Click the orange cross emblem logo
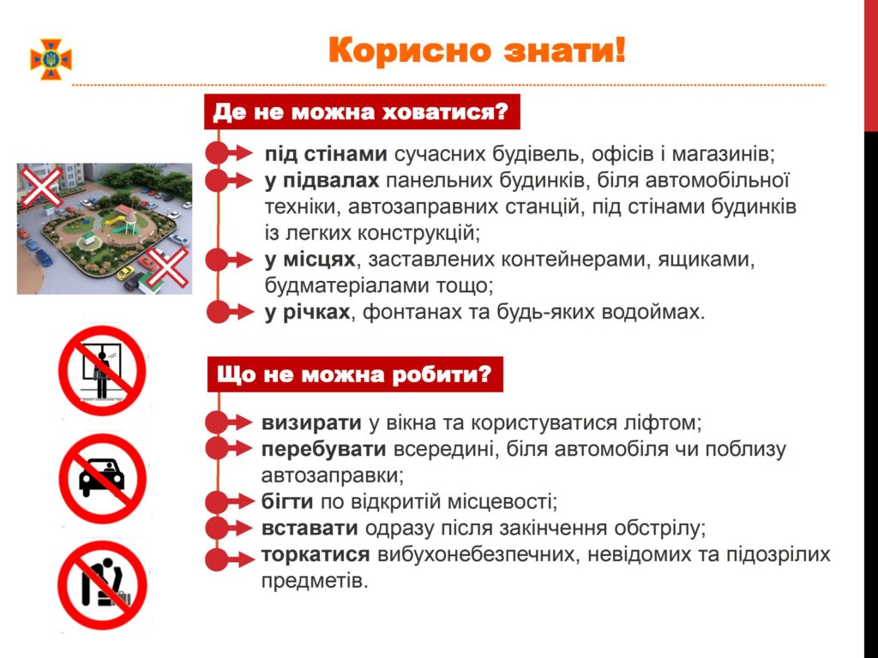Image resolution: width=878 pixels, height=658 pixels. tap(51, 59)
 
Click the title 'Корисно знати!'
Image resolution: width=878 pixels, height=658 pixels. tap(477, 51)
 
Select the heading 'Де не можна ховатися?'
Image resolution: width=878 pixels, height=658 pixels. tap(362, 112)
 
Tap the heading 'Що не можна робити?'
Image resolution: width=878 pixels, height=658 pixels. tap(355, 374)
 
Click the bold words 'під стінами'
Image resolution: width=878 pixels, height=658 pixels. tap(326, 154)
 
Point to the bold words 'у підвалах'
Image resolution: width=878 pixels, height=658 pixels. tap(322, 181)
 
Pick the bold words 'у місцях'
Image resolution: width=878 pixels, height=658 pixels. tap(310, 260)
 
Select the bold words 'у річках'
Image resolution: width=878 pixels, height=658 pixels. tap(308, 312)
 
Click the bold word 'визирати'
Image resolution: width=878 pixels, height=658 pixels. tap(311, 423)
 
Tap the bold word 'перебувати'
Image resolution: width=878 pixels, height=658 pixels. tap(323, 449)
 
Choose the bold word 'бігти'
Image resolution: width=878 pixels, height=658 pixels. tap(287, 501)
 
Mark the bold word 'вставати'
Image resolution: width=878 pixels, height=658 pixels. tap(310, 528)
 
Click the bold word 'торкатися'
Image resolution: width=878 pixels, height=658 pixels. tap(316, 554)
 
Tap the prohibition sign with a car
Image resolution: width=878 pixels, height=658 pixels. tap(102, 478)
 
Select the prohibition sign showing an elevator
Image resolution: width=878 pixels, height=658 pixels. tap(102, 371)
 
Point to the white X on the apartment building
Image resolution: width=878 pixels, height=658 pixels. tap(40, 186)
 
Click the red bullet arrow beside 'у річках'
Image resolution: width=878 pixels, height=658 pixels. tap(230, 312)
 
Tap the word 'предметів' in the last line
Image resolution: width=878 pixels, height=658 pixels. tap(315, 581)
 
